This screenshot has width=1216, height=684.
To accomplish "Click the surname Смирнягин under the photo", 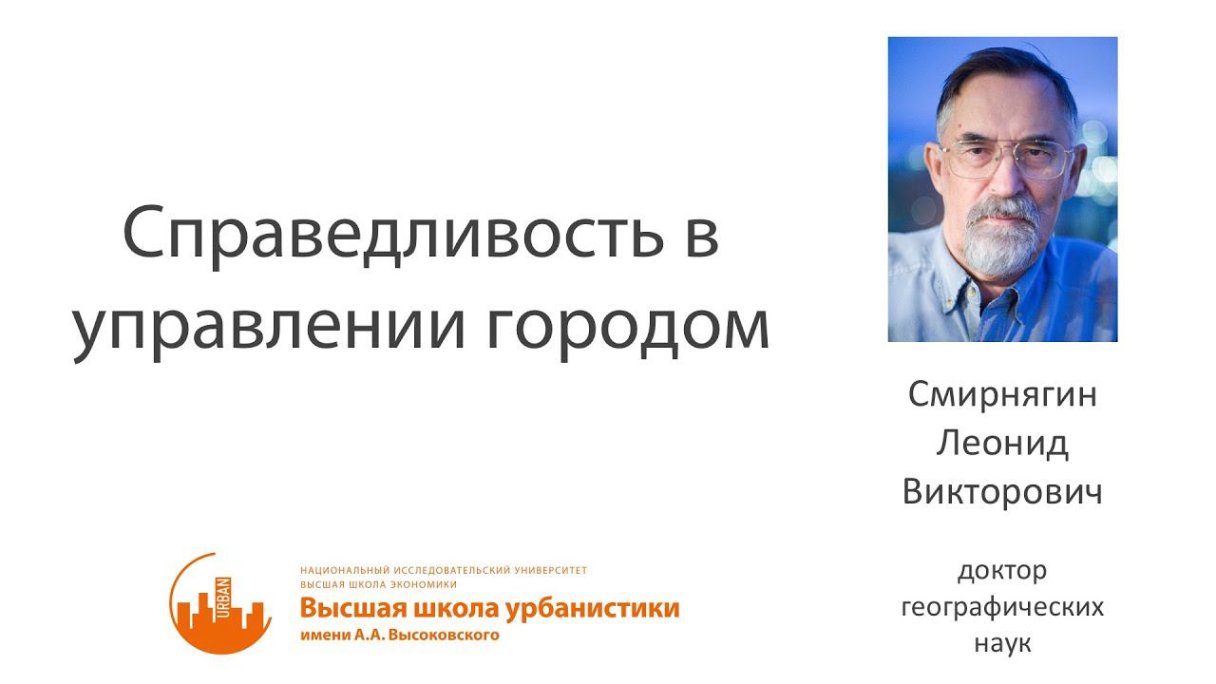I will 1002,394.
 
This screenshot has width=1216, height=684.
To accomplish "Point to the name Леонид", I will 1002,444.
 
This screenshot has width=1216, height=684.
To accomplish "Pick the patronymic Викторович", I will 1002,493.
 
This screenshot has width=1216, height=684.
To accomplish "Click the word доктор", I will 1002,571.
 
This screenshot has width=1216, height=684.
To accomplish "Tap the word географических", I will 1002,607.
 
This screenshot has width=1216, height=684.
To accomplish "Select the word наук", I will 1002,643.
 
